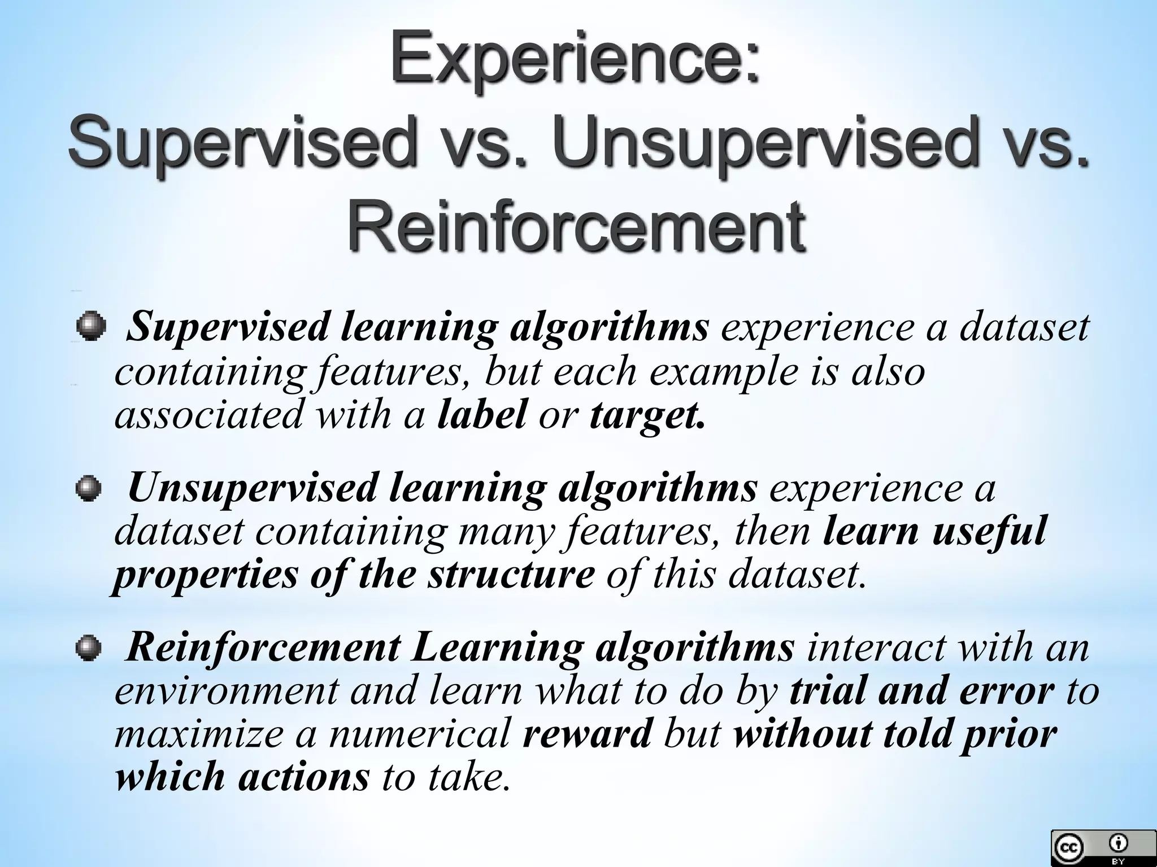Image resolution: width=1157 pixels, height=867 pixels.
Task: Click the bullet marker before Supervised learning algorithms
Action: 90,327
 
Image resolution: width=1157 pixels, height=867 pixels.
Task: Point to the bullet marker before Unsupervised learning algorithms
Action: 89,487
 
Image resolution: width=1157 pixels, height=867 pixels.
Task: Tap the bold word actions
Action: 303,777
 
